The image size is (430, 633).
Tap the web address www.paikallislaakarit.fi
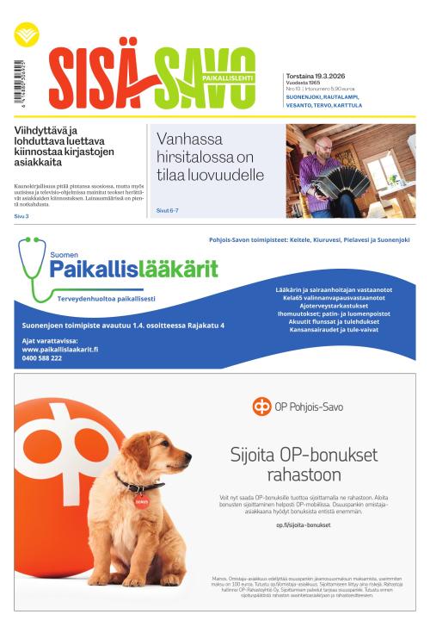60,350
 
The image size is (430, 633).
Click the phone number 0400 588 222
42,358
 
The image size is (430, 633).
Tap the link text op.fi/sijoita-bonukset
304,524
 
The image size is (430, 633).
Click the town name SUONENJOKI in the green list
306,97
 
